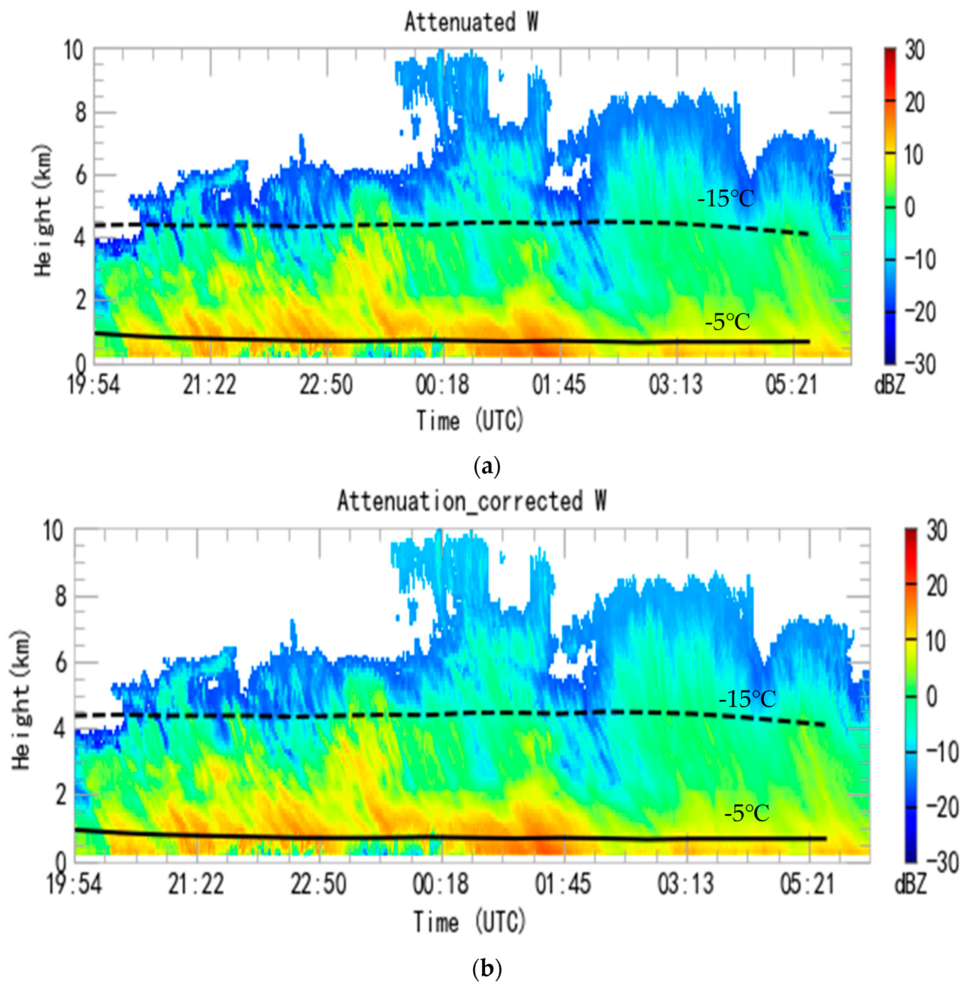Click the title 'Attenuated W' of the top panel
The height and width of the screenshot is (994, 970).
tap(471, 23)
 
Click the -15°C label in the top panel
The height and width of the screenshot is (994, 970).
tap(725, 199)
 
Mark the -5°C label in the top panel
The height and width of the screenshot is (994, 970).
tap(727, 322)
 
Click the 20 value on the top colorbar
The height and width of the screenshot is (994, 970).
tap(914, 103)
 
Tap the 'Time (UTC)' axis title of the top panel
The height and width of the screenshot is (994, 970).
tap(470, 421)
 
